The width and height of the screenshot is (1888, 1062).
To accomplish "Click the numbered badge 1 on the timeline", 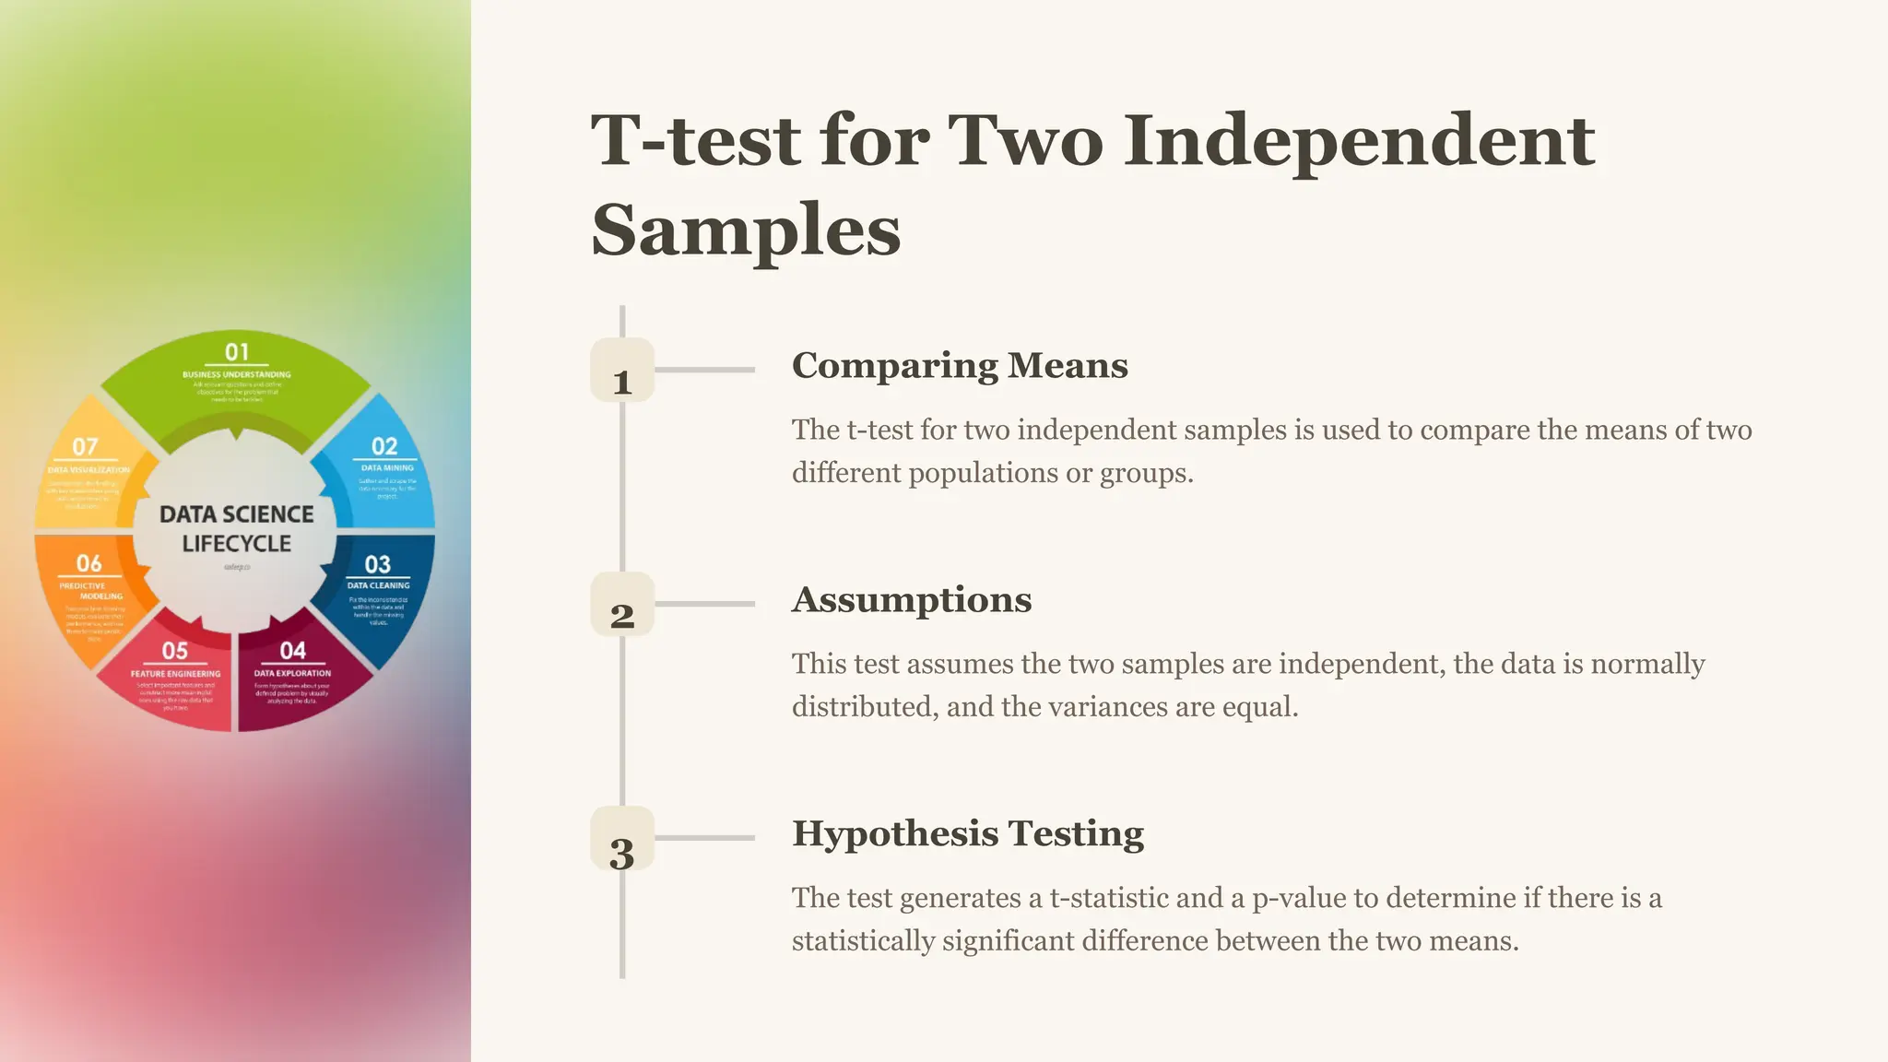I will [x=622, y=371].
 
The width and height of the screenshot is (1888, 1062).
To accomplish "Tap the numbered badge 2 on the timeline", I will [x=622, y=605].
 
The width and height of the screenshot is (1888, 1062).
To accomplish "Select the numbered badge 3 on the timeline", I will [x=622, y=839].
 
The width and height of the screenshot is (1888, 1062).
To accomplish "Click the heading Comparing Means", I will [x=960, y=365].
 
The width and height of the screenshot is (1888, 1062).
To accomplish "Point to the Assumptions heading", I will [x=912, y=599].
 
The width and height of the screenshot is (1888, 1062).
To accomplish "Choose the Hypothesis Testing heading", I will [x=968, y=833].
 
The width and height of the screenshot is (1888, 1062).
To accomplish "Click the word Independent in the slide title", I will [x=1359, y=140].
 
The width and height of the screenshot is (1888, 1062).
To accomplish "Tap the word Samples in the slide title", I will [x=746, y=230].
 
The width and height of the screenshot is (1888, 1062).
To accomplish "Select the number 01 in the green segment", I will [x=237, y=351].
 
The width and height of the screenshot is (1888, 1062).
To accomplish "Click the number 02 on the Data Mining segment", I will [x=384, y=446].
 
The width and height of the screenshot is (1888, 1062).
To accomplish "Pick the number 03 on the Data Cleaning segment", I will [x=378, y=564].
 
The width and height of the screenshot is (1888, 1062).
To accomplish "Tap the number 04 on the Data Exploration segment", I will [x=293, y=651].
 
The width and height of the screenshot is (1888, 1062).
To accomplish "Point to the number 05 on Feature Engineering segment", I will [x=175, y=651].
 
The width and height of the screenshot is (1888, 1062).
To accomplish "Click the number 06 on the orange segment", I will [x=88, y=563].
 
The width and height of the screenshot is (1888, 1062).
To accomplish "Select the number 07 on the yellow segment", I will [x=85, y=446].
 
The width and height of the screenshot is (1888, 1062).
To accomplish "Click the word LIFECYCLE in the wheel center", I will [x=237, y=544].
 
